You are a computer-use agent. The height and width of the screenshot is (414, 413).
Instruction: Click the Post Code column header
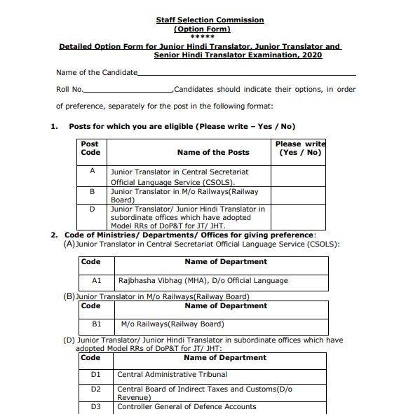tap(90, 148)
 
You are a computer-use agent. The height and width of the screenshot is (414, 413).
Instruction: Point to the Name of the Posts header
tap(213, 152)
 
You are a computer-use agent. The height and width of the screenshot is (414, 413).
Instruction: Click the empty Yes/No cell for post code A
tap(298, 176)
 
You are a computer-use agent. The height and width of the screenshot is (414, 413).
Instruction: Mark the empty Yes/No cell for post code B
tap(298, 195)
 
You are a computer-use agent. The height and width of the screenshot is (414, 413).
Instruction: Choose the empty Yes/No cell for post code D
tap(298, 216)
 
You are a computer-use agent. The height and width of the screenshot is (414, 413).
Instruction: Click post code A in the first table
tap(92, 171)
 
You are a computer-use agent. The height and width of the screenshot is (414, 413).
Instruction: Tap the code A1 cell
tap(97, 280)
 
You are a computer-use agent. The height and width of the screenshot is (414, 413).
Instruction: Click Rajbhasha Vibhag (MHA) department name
tap(203, 280)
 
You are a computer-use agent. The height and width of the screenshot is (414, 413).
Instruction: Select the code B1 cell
tap(97, 324)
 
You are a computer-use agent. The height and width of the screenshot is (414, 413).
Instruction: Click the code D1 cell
tap(96, 375)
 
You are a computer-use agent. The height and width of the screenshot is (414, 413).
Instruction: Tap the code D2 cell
tap(96, 389)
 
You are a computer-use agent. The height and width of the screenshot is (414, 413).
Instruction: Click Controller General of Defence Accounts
tap(187, 406)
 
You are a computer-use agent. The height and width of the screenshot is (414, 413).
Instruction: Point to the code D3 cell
tap(96, 406)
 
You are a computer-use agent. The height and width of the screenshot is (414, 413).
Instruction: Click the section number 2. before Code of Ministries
tap(54, 235)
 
